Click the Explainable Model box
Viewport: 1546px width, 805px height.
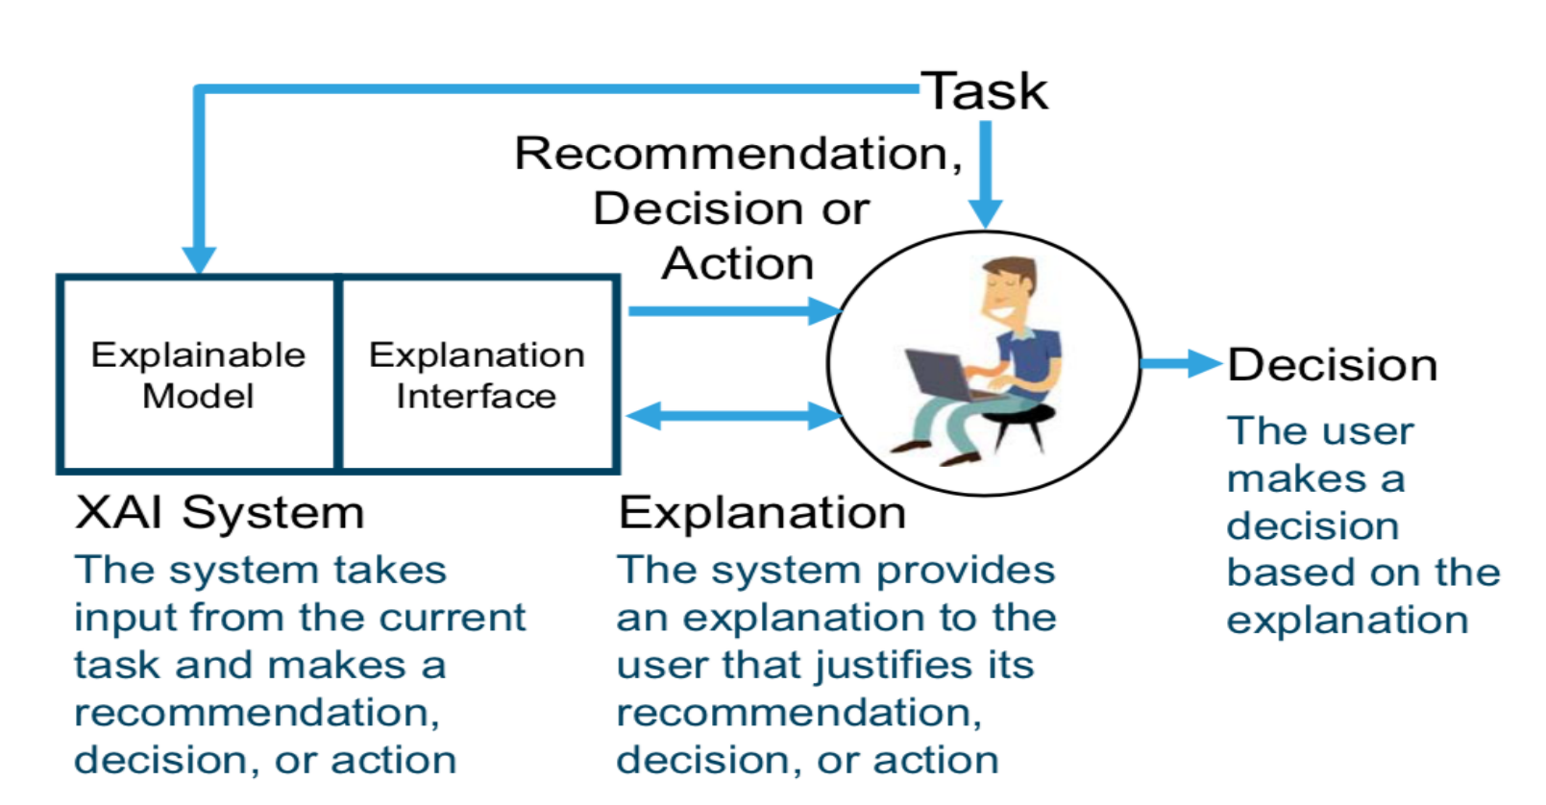198,375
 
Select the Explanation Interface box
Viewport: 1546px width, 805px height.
477,375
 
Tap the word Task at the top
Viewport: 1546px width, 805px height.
985,92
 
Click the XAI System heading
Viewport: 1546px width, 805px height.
220,512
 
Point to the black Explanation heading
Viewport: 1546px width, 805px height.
762,512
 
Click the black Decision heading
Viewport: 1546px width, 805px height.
1332,365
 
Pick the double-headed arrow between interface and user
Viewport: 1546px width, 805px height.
733,416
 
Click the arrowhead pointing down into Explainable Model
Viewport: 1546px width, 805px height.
199,259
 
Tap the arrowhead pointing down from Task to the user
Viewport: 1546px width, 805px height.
985,211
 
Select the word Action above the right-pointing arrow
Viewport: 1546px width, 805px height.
738,263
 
